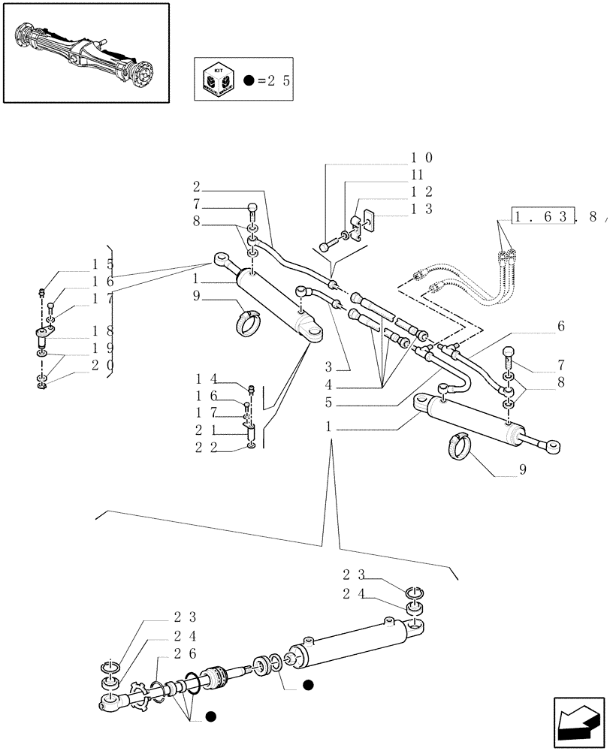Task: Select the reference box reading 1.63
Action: point(544,218)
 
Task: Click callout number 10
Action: point(421,158)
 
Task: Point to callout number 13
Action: point(421,210)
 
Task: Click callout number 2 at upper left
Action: point(196,187)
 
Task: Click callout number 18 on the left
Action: point(102,331)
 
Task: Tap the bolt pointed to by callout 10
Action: point(327,245)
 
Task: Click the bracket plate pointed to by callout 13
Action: point(367,221)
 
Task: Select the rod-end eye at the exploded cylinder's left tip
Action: point(107,703)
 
